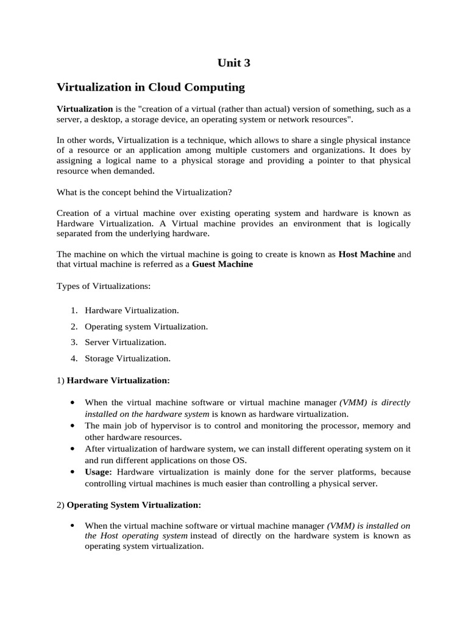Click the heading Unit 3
pyautogui.click(x=233, y=63)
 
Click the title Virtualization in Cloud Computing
pyautogui.click(x=151, y=87)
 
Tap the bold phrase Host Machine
pyautogui.click(x=366, y=254)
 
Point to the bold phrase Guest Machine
pyautogui.click(x=222, y=265)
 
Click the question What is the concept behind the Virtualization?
pyautogui.click(x=144, y=192)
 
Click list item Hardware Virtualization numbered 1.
pyautogui.click(x=132, y=310)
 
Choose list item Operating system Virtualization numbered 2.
pyautogui.click(x=146, y=327)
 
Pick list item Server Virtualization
pyautogui.click(x=125, y=343)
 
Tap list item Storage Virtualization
pyautogui.click(x=127, y=358)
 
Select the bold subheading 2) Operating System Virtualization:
pyautogui.click(x=133, y=505)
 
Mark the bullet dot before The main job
pyautogui.click(x=73, y=426)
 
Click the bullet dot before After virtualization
pyautogui.click(x=73, y=449)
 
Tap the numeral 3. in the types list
pyautogui.click(x=74, y=343)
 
